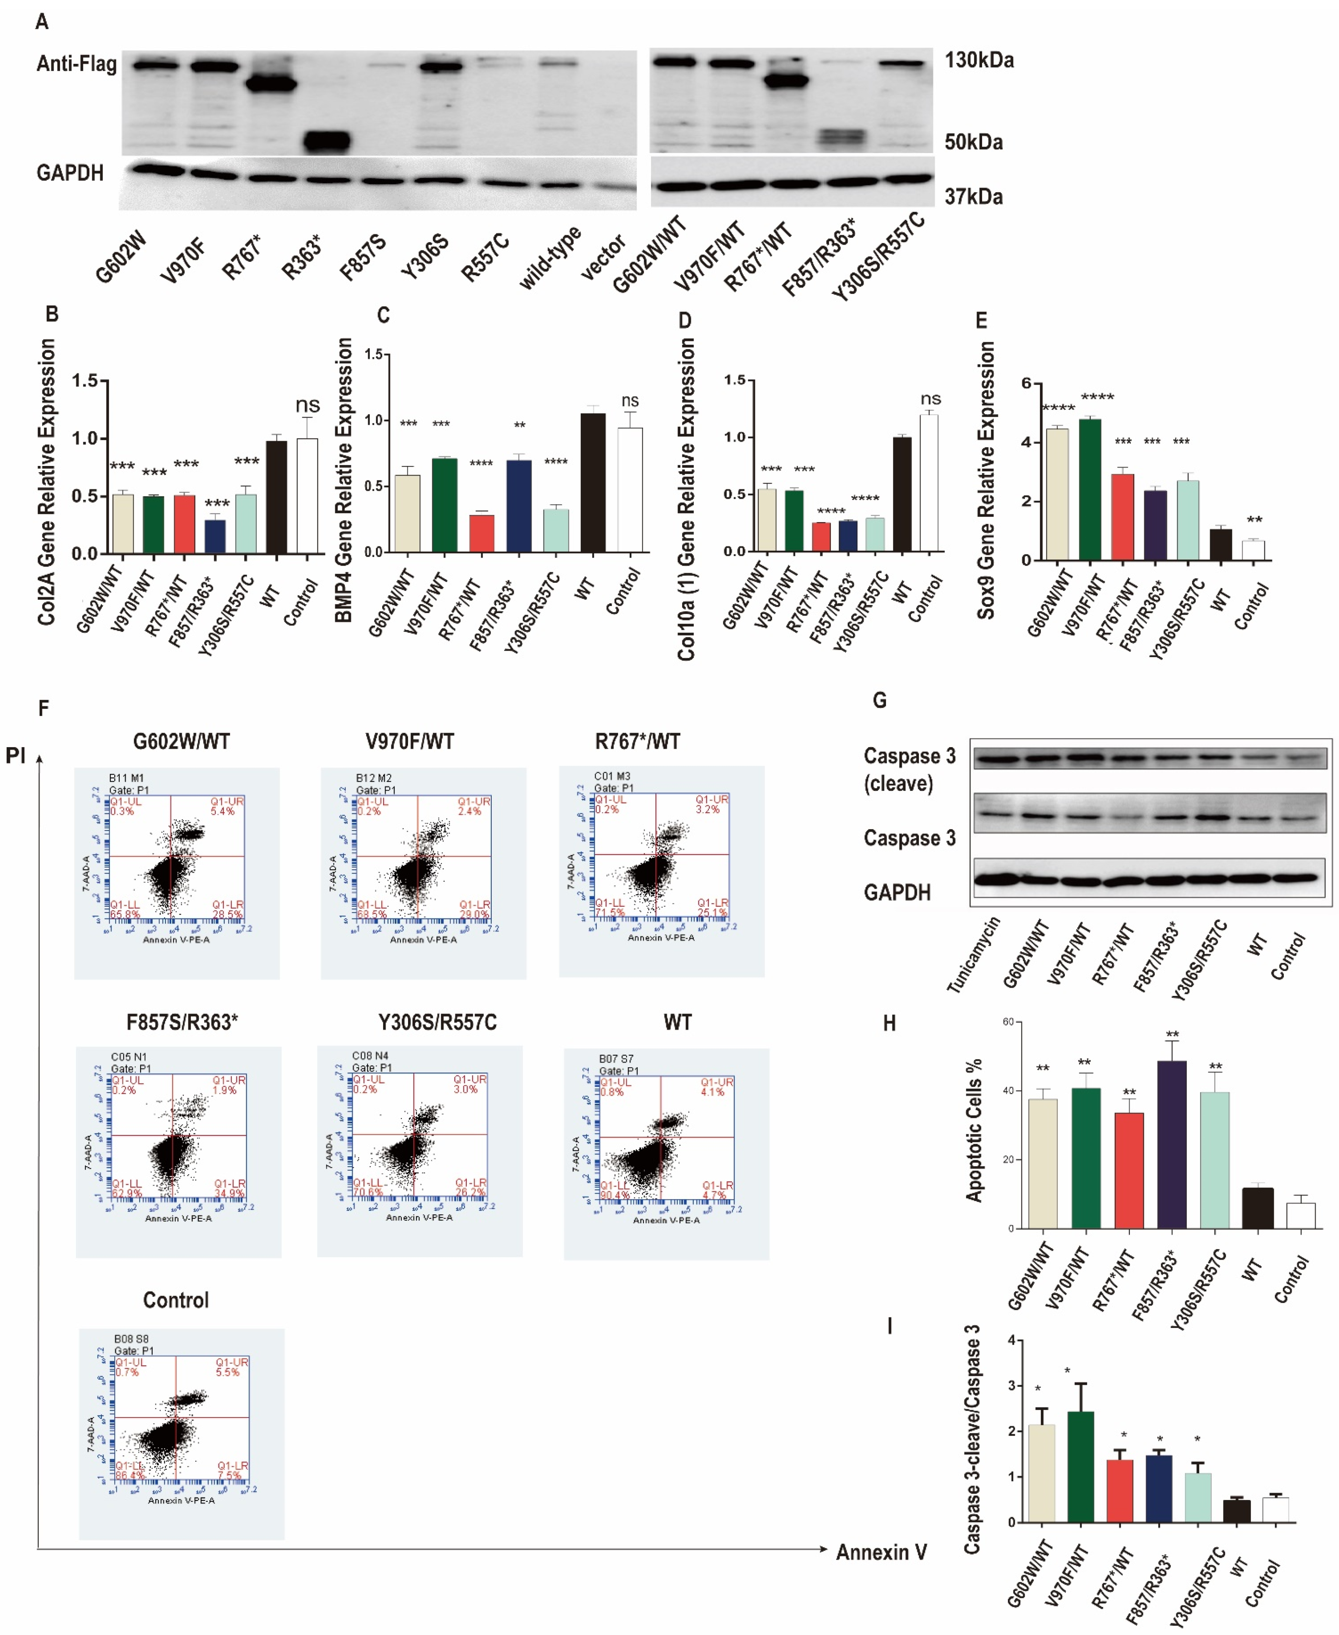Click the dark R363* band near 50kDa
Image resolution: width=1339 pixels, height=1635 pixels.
(326, 141)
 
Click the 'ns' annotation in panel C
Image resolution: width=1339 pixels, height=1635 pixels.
(630, 401)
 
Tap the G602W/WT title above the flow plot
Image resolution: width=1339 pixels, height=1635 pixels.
(181, 741)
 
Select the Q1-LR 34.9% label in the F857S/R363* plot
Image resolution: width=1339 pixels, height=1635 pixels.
(229, 1188)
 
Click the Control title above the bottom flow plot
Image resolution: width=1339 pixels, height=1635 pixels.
(176, 1300)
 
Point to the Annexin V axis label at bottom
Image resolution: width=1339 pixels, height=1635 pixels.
(881, 1552)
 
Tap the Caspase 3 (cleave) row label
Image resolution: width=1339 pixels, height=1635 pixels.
(908, 769)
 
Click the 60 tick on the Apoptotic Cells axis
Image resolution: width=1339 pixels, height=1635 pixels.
(1007, 1022)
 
